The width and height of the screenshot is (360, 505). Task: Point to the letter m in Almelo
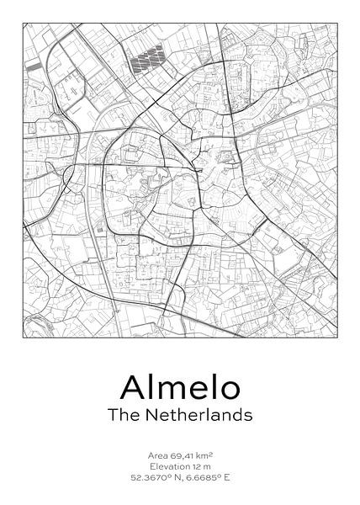click(175, 388)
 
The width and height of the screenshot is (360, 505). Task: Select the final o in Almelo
click(228, 388)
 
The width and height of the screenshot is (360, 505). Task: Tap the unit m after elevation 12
click(209, 465)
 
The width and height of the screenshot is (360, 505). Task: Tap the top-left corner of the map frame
click(23, 23)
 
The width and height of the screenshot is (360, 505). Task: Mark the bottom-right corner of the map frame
click(336, 337)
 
